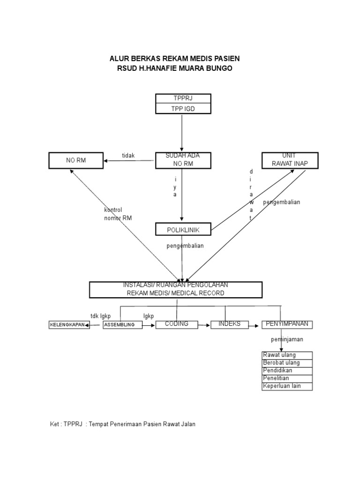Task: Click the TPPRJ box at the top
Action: (x=183, y=98)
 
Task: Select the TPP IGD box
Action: (x=183, y=109)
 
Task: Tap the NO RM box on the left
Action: (x=76, y=160)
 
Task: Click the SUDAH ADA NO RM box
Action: (x=183, y=160)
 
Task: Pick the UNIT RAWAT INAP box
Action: (x=290, y=160)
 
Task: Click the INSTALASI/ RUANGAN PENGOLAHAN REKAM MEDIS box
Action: (x=176, y=290)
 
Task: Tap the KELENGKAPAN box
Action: (x=69, y=325)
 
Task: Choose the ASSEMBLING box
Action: (x=122, y=325)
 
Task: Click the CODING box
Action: (x=177, y=324)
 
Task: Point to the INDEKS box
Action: (x=230, y=324)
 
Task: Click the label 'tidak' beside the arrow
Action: (x=128, y=156)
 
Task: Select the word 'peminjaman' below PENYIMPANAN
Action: (x=287, y=339)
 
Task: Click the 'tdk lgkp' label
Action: (x=100, y=316)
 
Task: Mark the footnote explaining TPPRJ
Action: (x=122, y=424)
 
